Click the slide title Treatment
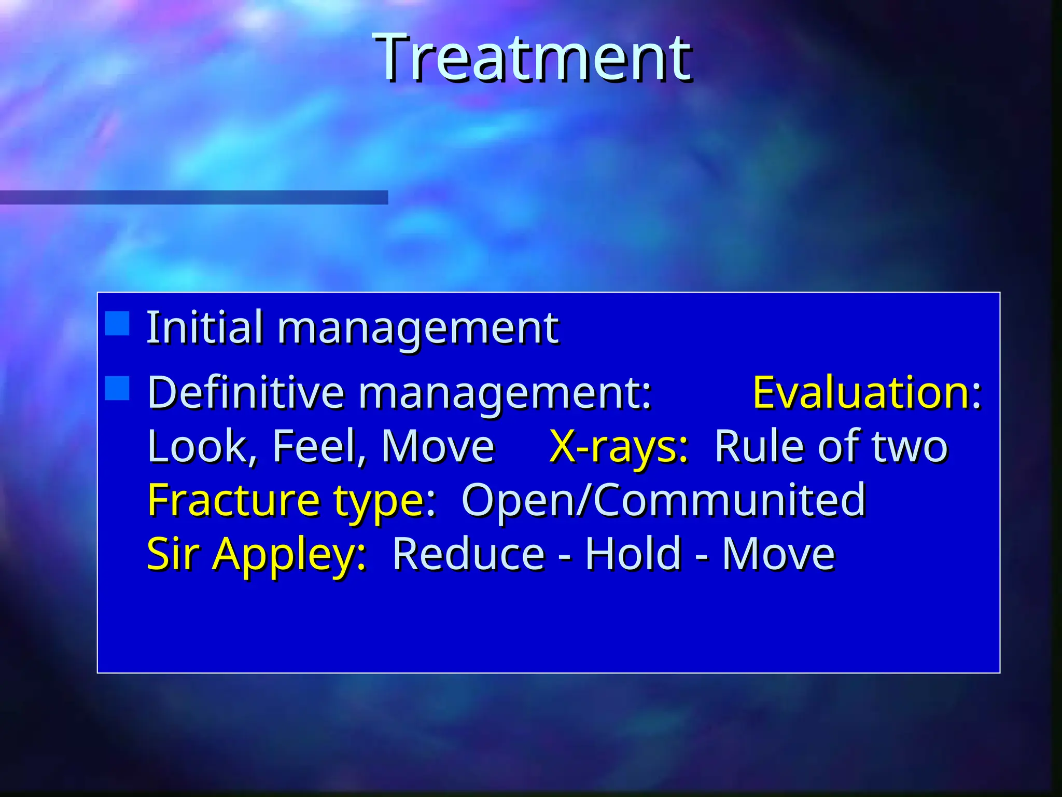[534, 58]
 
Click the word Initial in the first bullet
[204, 327]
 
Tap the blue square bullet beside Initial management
[117, 324]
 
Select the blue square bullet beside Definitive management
[117, 389]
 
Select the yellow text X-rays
[618, 446]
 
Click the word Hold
[633, 554]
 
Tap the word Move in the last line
[778, 554]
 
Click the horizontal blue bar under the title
[194, 198]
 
